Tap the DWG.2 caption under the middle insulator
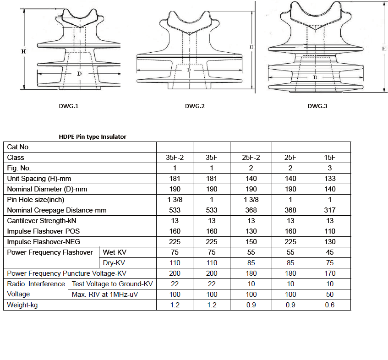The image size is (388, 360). click(x=195, y=106)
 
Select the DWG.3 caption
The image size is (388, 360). click(x=317, y=106)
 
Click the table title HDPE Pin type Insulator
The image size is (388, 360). click(x=93, y=136)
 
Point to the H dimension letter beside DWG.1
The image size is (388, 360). click(x=23, y=52)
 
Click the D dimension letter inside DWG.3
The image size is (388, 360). click(x=315, y=78)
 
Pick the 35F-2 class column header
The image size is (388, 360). click(x=175, y=158)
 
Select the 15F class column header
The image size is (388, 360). click(x=329, y=158)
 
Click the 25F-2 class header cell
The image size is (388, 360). click(x=251, y=158)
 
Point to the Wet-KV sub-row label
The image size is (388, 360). click(x=112, y=252)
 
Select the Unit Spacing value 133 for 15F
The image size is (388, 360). click(x=329, y=179)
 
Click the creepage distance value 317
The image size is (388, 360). click(x=329, y=210)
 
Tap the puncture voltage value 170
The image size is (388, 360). click(x=329, y=273)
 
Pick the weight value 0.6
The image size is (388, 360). click(x=329, y=305)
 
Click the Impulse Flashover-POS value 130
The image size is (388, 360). click(x=251, y=231)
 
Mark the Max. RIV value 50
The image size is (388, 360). click(x=329, y=295)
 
